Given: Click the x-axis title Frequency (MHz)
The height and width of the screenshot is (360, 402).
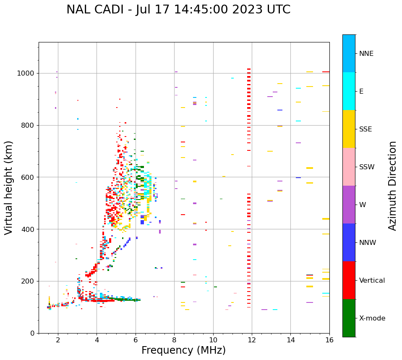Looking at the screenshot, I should coord(183,350).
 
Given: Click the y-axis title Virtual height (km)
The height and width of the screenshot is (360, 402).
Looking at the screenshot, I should coord(9,187).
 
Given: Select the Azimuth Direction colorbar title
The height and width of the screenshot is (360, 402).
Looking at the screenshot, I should coord(392,186).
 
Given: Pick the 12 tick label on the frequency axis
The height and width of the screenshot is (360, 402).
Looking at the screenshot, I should coord(252,340).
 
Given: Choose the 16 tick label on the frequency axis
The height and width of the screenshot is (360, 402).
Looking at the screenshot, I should coord(329,340).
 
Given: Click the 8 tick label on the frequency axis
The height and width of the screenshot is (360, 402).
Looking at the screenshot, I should coord(174,340).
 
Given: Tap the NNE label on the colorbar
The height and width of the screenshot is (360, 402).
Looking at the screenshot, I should coord(366,54).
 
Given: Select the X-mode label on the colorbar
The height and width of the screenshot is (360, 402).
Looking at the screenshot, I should coord(372,318).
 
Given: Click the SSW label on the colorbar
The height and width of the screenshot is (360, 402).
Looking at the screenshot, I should coord(367,167).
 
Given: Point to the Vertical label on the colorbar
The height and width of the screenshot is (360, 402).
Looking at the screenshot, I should coord(372,281).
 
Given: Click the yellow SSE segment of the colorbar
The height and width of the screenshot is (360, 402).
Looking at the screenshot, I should coord(349,129).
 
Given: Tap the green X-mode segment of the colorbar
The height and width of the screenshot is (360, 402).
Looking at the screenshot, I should coord(349,318).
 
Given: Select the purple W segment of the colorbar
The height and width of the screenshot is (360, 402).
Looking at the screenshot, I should coord(349,205).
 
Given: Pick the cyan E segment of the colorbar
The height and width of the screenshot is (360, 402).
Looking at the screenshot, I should coord(349,91).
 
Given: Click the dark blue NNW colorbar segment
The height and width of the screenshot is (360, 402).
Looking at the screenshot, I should coord(349,242).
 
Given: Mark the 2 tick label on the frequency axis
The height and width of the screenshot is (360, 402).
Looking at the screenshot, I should coord(58,340).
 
